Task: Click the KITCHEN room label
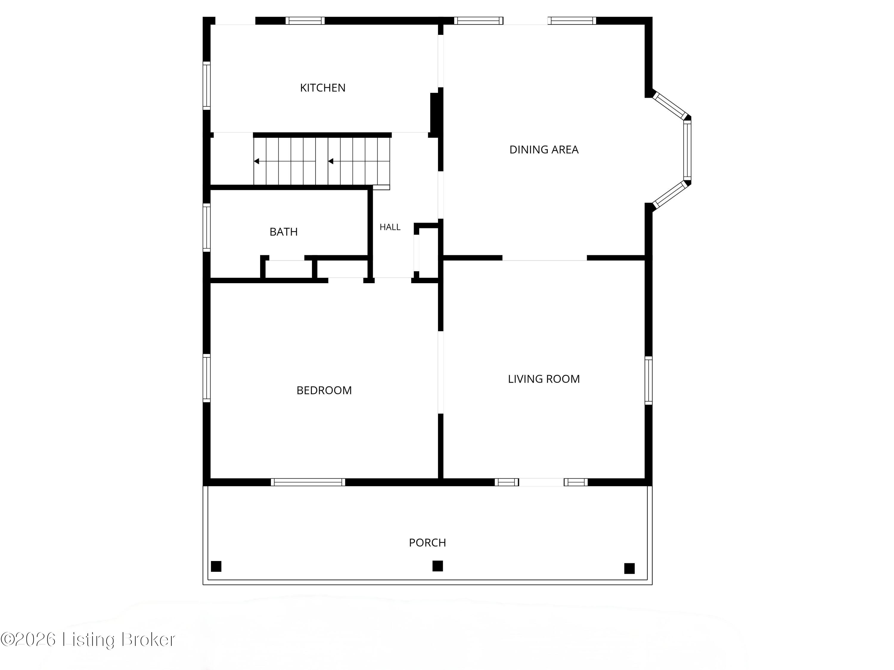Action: (x=322, y=88)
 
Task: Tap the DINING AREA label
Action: (x=544, y=149)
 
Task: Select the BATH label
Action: (x=283, y=232)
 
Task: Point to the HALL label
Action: (x=390, y=227)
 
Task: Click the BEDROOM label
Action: (x=324, y=390)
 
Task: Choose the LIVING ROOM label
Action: (x=544, y=379)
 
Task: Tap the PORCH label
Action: (x=427, y=542)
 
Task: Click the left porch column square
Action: (x=216, y=566)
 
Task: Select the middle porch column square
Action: (x=438, y=566)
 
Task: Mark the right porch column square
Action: (x=629, y=568)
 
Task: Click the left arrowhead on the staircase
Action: (x=256, y=161)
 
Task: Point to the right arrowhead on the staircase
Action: (x=330, y=161)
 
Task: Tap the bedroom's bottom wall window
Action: (x=308, y=482)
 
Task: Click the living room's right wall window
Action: (x=648, y=381)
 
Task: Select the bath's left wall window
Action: (x=207, y=228)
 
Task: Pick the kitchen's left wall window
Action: (x=207, y=86)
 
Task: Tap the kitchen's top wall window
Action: (x=305, y=21)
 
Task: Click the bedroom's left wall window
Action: (x=207, y=378)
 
